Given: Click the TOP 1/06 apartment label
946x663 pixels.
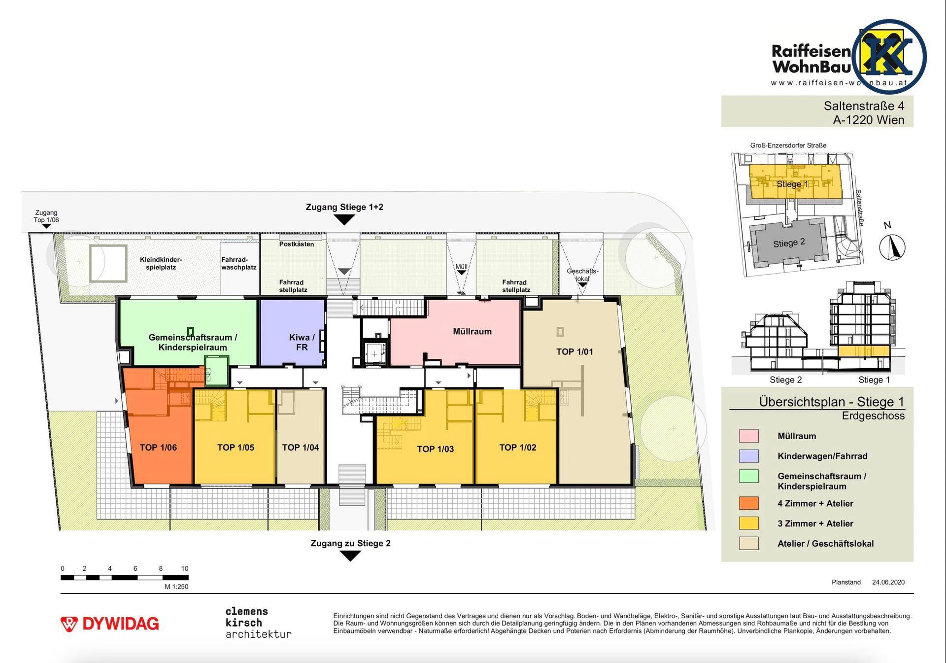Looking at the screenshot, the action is click(158, 448).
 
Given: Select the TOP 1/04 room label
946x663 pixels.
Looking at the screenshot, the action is click(301, 448).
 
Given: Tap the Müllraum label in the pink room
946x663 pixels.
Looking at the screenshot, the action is click(472, 331).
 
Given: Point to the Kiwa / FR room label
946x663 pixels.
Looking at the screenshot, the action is click(302, 342).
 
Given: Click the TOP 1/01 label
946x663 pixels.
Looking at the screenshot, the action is click(574, 351).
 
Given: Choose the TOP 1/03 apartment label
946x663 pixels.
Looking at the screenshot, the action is click(435, 449).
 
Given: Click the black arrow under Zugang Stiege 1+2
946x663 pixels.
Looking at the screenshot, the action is click(344, 220).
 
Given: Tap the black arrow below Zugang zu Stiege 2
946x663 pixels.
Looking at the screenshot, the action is click(350, 556).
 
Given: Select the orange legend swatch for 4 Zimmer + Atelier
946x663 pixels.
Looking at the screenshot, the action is click(748, 503).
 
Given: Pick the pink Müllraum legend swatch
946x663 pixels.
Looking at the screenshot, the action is click(748, 436).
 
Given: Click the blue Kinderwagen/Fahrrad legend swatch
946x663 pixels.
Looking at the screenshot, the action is click(748, 456).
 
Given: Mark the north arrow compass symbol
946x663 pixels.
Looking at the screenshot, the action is click(892, 247).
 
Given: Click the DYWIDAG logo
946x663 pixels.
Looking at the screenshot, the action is click(109, 624).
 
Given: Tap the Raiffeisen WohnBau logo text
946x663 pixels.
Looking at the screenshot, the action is click(811, 59).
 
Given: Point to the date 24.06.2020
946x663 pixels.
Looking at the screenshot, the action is click(888, 582).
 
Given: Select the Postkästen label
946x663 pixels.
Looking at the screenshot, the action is click(297, 244).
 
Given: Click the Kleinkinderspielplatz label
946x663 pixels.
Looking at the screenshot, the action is click(161, 264).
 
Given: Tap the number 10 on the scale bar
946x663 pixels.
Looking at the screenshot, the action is click(185, 568).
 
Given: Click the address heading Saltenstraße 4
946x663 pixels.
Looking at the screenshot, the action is click(864, 106).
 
